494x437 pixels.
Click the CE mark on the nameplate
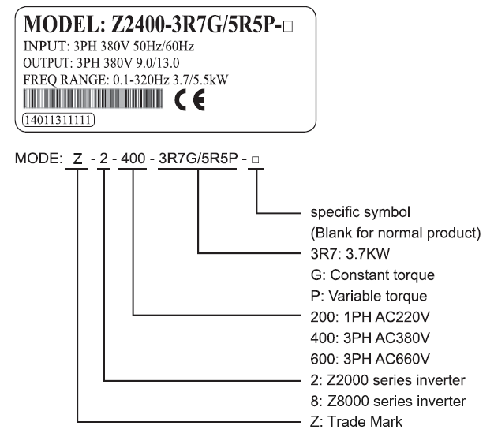click(189, 100)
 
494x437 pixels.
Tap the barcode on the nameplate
click(93, 99)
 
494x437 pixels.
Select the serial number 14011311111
click(58, 120)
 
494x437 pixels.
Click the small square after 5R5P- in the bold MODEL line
click(288, 27)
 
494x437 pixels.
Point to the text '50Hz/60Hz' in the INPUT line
click(163, 47)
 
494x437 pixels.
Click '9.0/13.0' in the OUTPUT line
click(158, 63)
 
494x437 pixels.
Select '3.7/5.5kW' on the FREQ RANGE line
click(200, 80)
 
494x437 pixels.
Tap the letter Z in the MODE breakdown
click(77, 159)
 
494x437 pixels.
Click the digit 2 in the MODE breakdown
click(103, 159)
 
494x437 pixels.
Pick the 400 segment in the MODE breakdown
click(133, 159)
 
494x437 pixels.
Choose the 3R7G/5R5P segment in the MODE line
click(198, 159)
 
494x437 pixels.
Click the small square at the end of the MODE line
click(256, 160)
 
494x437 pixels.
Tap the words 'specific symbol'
click(360, 212)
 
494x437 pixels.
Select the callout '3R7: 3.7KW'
click(350, 254)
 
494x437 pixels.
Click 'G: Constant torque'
click(372, 275)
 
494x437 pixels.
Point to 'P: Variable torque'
click(369, 296)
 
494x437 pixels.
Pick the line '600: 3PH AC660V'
click(370, 359)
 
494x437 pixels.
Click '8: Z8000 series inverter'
click(387, 401)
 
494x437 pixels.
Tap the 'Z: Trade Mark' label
click(357, 422)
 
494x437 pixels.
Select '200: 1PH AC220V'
click(370, 317)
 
